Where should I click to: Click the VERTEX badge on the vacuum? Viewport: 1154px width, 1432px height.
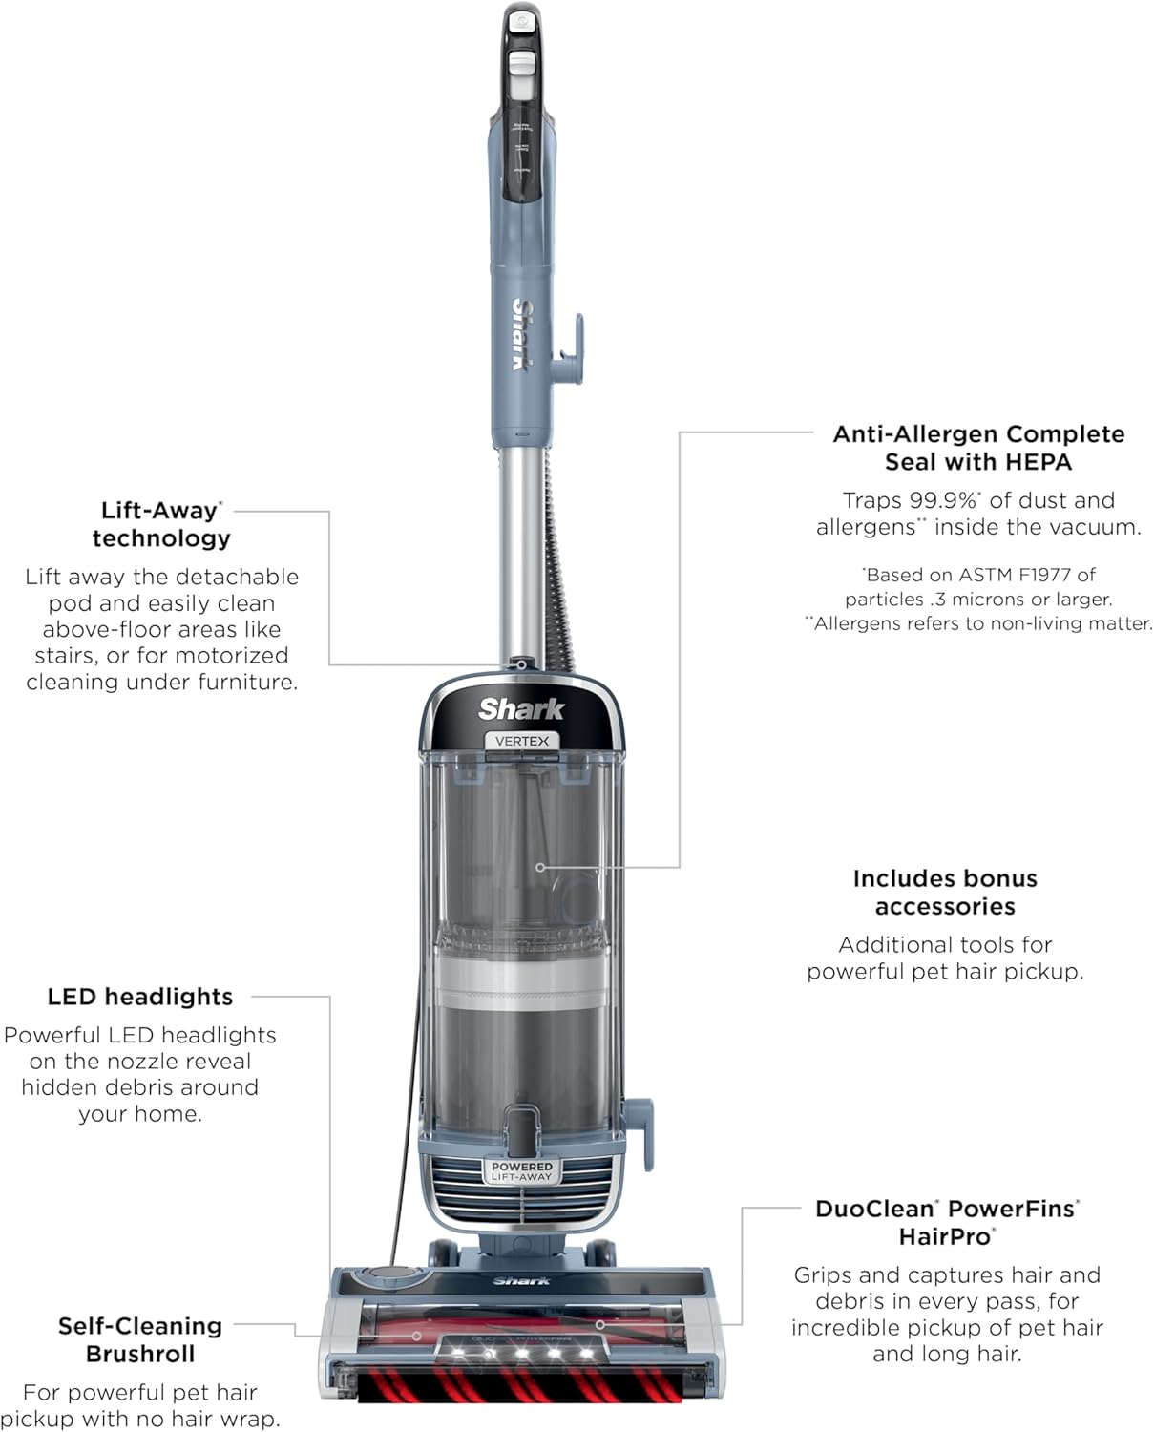pos(522,741)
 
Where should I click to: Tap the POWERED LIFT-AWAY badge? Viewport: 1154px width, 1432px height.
pos(522,1171)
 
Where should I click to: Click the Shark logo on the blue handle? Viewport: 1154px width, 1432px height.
pos(523,334)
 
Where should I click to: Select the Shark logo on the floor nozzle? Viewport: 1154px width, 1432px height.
pos(521,1281)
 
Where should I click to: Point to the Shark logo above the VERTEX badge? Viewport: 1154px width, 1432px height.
pos(521,709)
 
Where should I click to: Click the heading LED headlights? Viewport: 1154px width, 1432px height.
pos(140,997)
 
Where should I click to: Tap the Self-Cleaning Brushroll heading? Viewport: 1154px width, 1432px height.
pos(140,1339)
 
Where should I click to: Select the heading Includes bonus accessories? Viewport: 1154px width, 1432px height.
pos(945,892)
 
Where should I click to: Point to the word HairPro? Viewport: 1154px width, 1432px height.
pos(945,1236)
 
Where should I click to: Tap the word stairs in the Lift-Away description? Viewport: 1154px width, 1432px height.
pos(66,656)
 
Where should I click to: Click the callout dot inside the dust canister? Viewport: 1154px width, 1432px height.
pos(540,867)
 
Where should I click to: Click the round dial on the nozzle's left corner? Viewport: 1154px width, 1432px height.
pos(386,1274)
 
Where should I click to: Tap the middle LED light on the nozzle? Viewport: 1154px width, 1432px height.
pos(522,1352)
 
